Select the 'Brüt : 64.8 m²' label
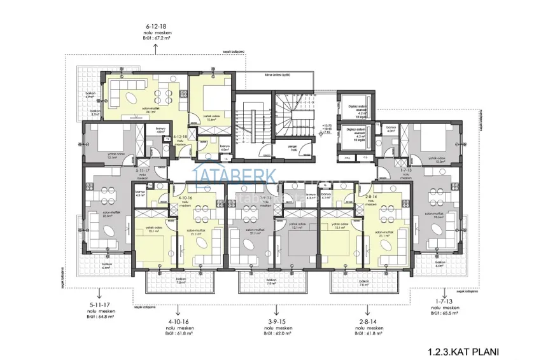click(102, 315)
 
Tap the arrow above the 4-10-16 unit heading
click(179, 312)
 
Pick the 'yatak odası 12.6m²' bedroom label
click(212, 118)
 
